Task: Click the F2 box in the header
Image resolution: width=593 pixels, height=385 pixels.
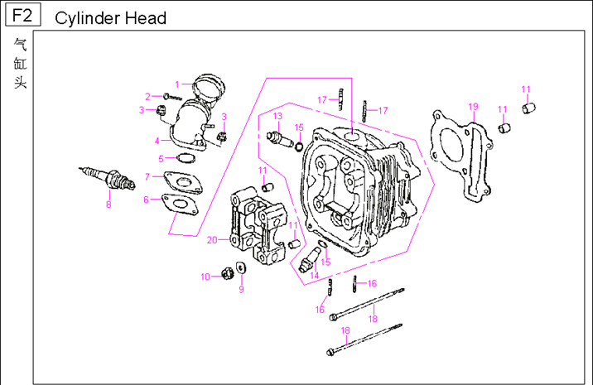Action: (24, 16)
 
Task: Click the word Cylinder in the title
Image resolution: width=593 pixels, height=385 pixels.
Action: (88, 18)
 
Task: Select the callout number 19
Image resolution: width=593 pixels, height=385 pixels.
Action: (473, 106)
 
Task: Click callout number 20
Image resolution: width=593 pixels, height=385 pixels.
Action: (212, 239)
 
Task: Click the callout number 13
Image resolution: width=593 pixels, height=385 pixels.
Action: (278, 115)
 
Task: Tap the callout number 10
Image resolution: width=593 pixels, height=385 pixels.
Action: (205, 277)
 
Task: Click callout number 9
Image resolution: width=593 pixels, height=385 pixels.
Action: (241, 289)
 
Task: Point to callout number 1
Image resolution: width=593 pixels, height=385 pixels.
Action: (176, 84)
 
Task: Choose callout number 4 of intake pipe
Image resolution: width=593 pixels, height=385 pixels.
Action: (157, 140)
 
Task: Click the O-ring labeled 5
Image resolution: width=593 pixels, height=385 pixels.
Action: (187, 158)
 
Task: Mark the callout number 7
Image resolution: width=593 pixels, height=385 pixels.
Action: (147, 176)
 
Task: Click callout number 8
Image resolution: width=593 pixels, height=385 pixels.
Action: (108, 204)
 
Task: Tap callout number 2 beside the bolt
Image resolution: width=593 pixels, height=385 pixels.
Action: (147, 97)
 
